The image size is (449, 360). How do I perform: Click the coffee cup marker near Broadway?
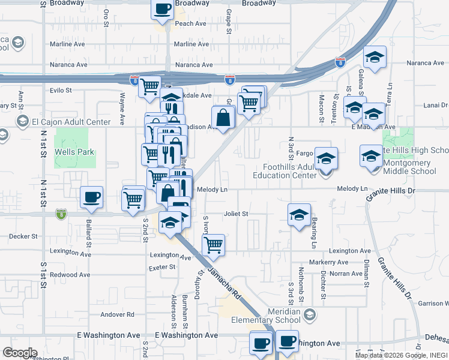pos(162,10)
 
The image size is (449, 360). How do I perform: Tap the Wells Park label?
pos(74,152)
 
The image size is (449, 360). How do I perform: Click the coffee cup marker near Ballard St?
pos(92,197)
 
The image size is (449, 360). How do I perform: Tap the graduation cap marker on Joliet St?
pos(299,215)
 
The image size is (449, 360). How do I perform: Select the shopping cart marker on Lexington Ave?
pos(213,245)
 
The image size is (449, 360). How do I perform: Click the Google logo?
pos(19,352)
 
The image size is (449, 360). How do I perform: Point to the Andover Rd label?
pos(117,314)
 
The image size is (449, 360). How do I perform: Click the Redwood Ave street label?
pos(70,274)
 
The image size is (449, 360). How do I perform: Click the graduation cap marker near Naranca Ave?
pos(375,58)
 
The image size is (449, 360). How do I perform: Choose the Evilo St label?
pos(61,91)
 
